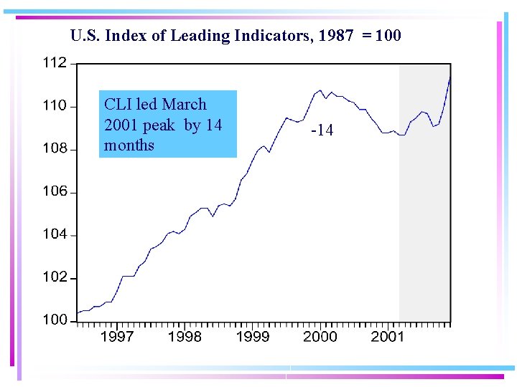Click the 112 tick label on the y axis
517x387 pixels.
(x=54, y=63)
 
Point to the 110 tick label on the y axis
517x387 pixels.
(x=54, y=106)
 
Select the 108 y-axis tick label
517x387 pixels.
(x=54, y=149)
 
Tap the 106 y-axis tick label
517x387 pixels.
(x=54, y=191)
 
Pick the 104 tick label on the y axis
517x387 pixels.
(x=54, y=234)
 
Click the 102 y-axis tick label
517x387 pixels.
(x=54, y=277)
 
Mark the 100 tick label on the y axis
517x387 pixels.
(x=54, y=320)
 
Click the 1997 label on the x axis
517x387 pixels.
(x=116, y=337)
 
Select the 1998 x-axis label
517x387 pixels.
(x=185, y=337)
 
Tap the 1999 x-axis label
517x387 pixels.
(x=252, y=337)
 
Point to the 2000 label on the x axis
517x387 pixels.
(x=320, y=337)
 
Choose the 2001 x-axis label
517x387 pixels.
(x=387, y=337)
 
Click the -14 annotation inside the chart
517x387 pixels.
(x=322, y=130)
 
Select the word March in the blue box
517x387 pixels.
(x=184, y=105)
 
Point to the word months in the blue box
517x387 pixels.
(x=129, y=145)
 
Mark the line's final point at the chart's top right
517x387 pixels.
(x=450, y=76)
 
